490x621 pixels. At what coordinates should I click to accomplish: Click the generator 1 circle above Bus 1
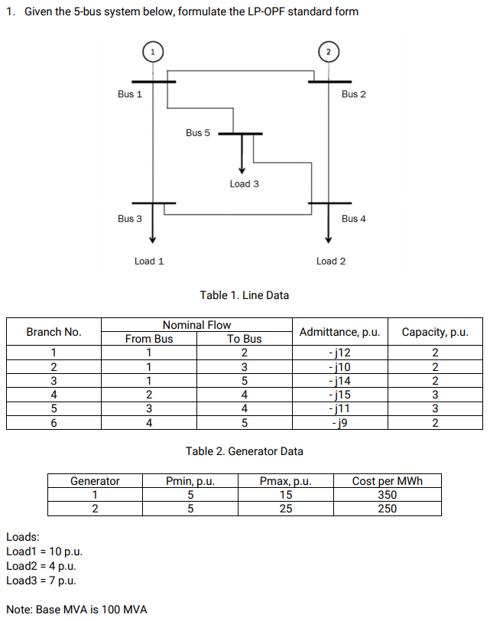pos(153,51)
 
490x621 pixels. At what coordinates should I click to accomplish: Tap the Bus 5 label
pos(197,133)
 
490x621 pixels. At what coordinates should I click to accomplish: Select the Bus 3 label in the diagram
pos(129,219)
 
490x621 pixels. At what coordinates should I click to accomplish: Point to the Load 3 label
pos(244,184)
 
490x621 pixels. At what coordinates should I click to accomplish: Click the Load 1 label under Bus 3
pos(149,262)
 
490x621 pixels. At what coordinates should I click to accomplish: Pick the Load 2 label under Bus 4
pos(331,262)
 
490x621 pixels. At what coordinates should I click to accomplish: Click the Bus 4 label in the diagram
pos(354,219)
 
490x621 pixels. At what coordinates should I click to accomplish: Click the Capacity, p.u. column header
pos(435,332)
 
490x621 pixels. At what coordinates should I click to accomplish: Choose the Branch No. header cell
pos(54,332)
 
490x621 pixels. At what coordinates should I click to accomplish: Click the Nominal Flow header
pos(196,325)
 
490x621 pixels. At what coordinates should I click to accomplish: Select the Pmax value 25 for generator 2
pos(285,509)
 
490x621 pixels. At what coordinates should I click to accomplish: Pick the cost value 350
pos(387,495)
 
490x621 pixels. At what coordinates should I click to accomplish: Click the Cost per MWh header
pos(387,481)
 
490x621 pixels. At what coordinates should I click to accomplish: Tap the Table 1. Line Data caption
pos(244,295)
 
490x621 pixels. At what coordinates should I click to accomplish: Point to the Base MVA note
pos(76,610)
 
